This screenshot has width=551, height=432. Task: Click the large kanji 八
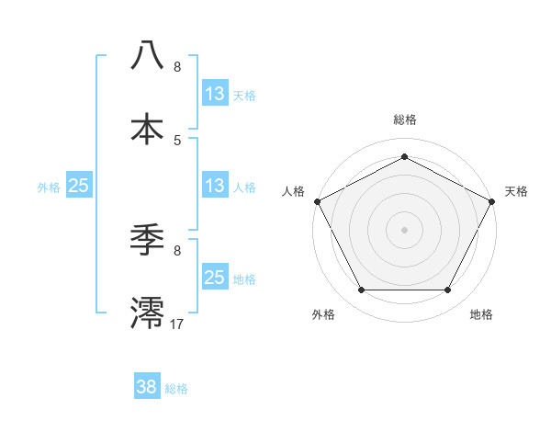(147, 56)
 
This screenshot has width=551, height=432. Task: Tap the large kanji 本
(147, 130)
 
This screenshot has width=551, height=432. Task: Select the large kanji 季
(147, 240)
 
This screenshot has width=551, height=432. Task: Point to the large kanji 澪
(147, 313)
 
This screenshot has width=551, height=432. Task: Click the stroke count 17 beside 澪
(178, 324)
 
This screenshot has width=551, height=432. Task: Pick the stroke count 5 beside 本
(177, 140)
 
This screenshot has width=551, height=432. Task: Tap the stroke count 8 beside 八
(177, 67)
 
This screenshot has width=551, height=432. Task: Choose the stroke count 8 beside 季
(177, 250)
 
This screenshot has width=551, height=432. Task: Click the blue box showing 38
(147, 387)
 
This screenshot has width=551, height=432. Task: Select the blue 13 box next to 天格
(215, 94)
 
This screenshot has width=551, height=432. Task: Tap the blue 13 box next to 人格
(215, 186)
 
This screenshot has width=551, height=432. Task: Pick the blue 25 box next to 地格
(215, 278)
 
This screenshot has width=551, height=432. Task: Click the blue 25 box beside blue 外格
(79, 186)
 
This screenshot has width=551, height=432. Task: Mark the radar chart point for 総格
(404, 156)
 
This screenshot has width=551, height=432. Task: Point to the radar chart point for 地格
(447, 290)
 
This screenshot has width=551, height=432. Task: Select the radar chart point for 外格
(361, 290)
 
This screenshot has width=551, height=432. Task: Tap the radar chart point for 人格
(317, 200)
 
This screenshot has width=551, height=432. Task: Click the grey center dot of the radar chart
(404, 229)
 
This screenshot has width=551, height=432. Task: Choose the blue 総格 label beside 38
(176, 389)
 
